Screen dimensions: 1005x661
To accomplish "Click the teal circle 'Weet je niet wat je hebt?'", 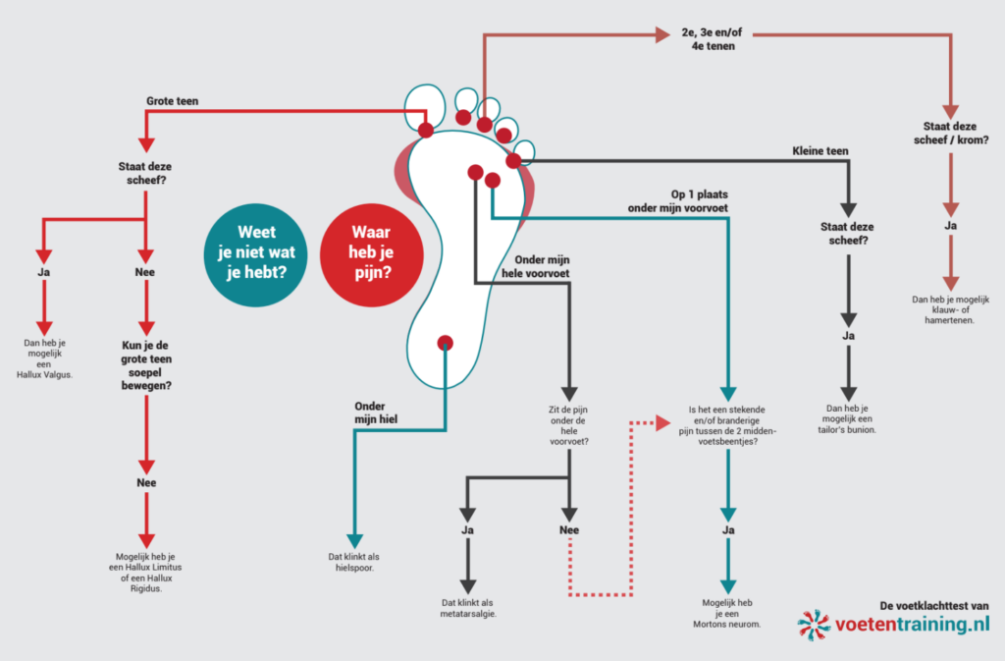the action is point(256,254).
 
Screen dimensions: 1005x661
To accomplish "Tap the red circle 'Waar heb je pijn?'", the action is point(372,254).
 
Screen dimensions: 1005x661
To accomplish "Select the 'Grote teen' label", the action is point(173,101).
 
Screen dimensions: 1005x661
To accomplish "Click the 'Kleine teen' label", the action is point(820,151).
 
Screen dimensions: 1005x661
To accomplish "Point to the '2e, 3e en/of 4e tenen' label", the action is point(713,39).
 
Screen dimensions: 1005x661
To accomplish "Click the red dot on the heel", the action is point(445,343).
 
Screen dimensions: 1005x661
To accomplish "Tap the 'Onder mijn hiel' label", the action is point(376,413).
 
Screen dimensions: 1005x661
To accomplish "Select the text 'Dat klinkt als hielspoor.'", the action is point(353,562).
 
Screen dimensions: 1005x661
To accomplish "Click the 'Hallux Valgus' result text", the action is point(44,359).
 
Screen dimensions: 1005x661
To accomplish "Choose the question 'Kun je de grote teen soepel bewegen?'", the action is point(146,365).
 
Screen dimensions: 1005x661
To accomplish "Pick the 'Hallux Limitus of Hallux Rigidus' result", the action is point(145,573).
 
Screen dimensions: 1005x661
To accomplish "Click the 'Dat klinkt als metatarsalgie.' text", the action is point(468,608).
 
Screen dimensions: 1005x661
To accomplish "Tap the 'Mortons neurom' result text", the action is point(727,614).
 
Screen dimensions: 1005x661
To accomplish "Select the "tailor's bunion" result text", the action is point(847,419).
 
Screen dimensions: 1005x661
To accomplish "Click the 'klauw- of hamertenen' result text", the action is point(950,309).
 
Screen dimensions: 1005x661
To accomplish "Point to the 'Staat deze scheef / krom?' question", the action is point(950,134).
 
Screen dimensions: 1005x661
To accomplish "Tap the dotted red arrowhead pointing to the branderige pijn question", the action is point(662,423).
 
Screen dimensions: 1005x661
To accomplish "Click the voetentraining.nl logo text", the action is point(912,624).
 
